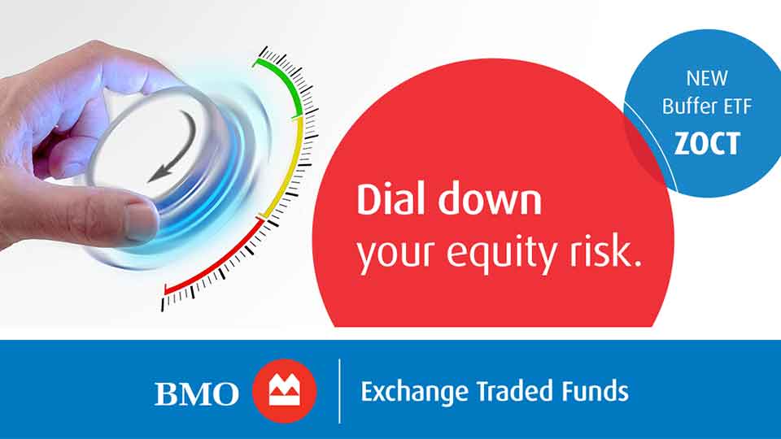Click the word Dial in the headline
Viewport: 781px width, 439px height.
[387, 199]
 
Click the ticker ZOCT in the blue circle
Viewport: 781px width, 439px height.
[707, 143]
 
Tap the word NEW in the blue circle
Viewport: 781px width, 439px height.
[706, 80]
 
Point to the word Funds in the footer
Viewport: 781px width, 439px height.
[593, 392]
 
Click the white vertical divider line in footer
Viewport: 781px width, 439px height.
[339, 391]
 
